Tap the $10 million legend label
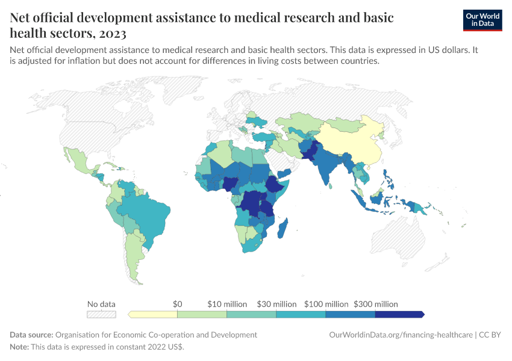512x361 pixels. point(226,304)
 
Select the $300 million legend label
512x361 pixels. point(375,304)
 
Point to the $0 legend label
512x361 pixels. point(177,304)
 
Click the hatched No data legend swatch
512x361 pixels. point(101,314)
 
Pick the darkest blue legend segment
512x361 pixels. point(399,314)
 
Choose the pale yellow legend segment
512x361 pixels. point(153,314)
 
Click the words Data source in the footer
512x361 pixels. point(31,335)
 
